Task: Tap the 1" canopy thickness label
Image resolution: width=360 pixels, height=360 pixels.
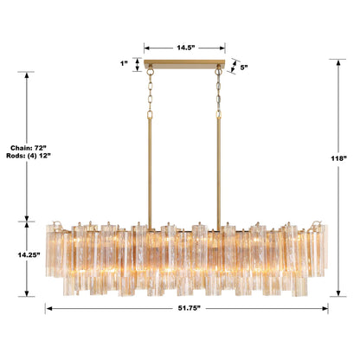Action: (125, 63)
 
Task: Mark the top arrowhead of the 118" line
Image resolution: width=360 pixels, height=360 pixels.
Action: (337, 61)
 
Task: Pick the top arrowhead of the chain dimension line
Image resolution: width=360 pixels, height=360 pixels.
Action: (28, 73)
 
